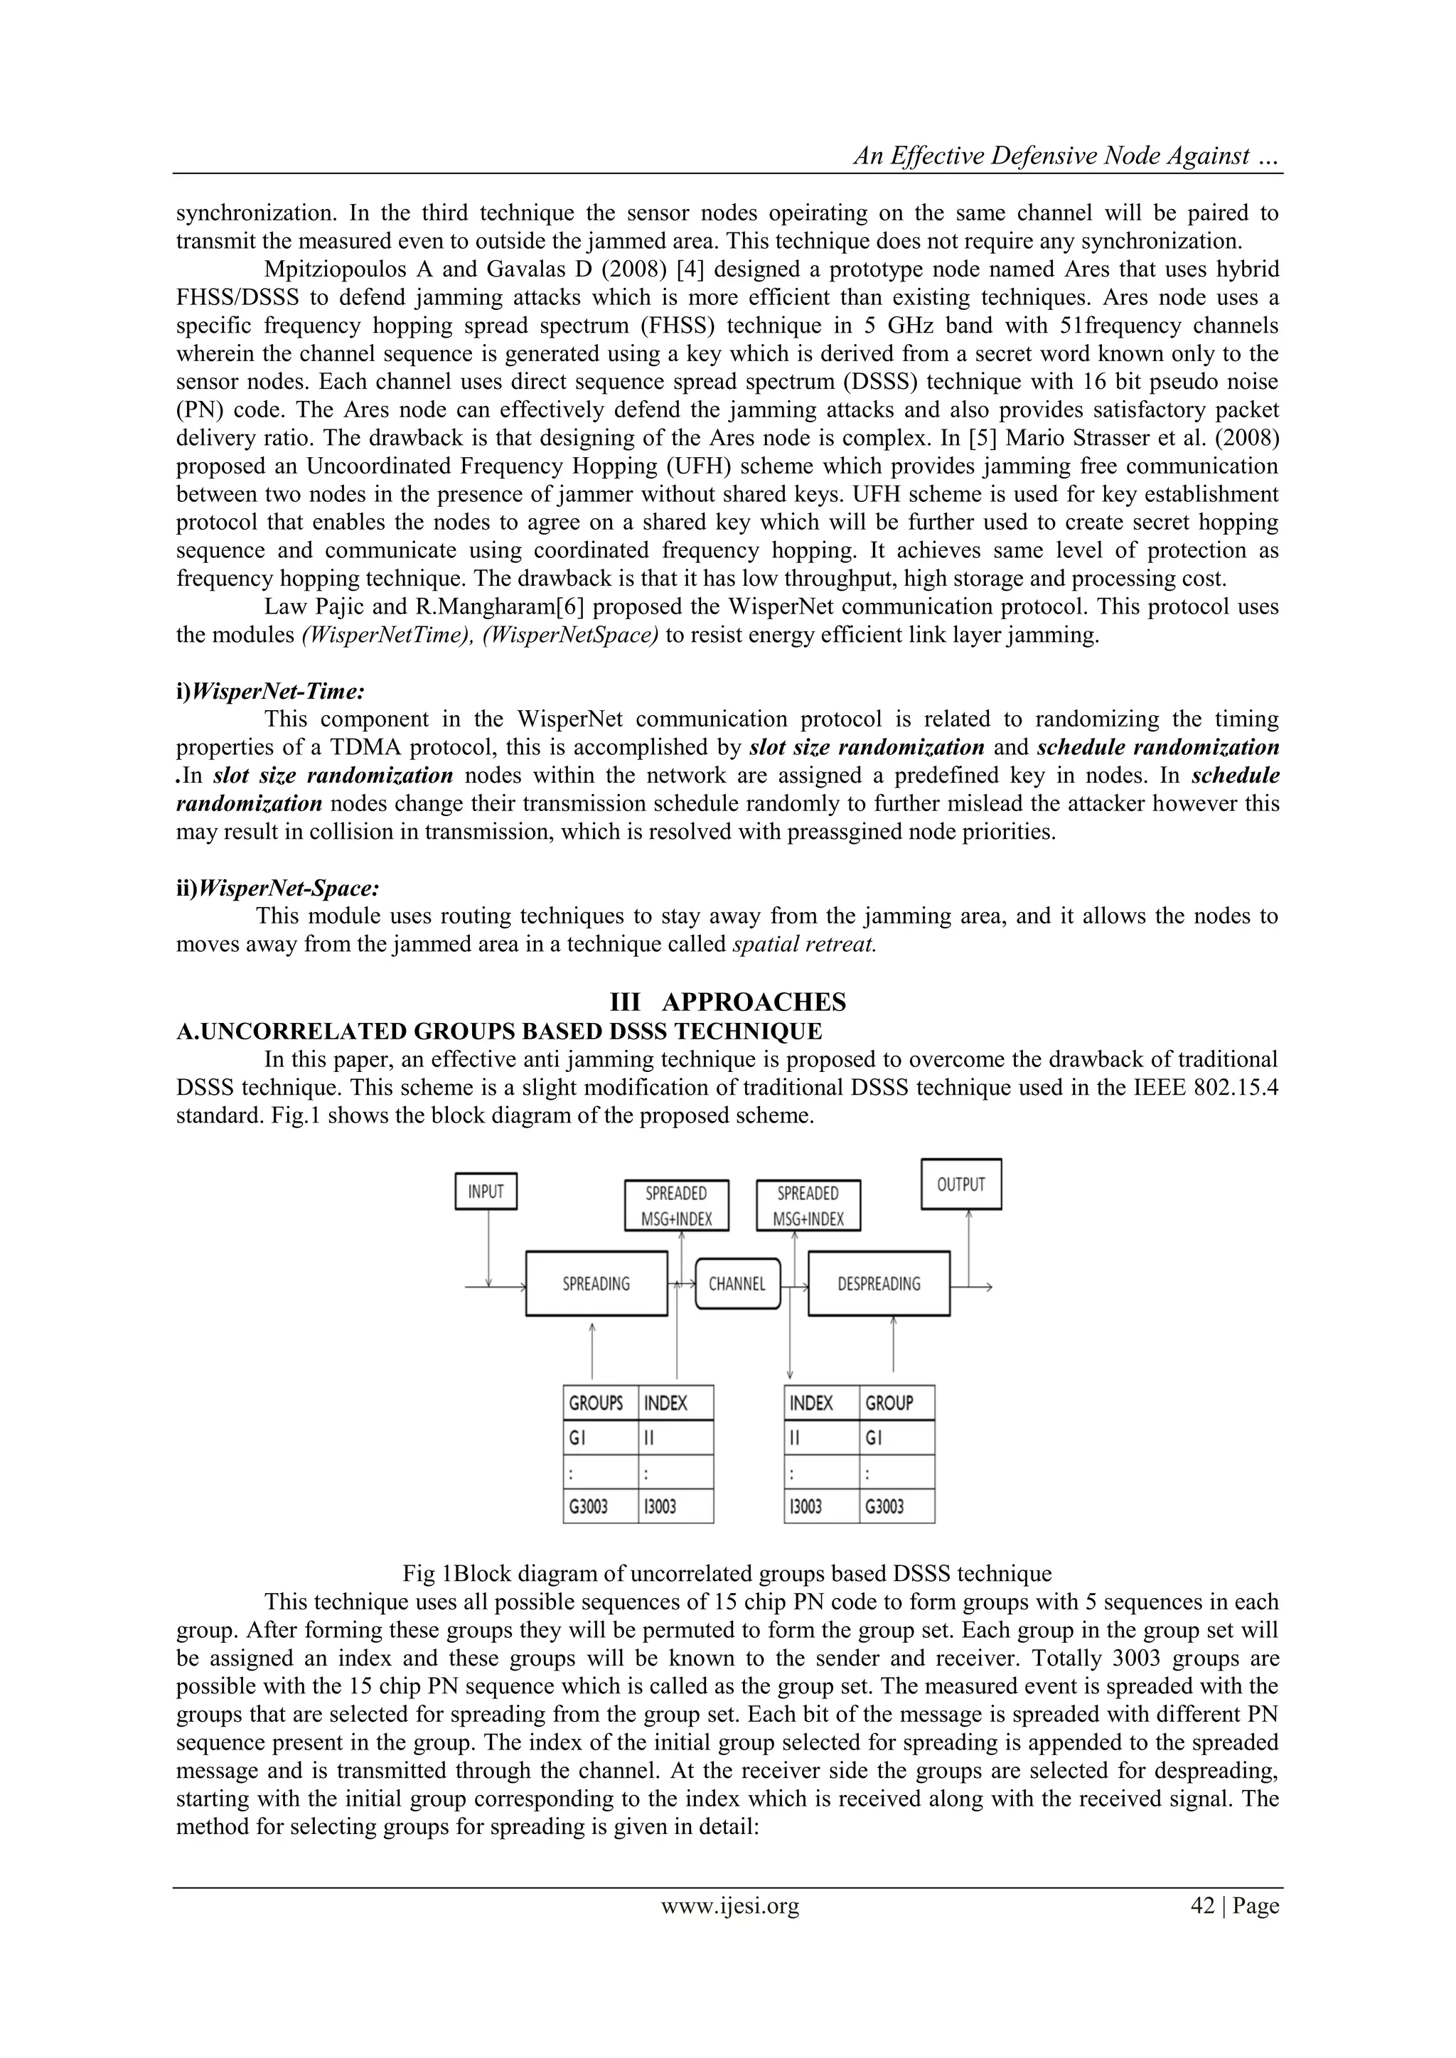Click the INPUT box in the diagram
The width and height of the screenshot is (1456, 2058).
click(486, 1191)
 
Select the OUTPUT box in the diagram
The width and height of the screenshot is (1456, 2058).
click(961, 1184)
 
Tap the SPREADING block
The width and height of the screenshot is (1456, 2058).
click(596, 1284)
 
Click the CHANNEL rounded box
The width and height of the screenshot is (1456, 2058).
click(737, 1284)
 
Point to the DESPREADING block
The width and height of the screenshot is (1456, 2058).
click(879, 1284)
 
